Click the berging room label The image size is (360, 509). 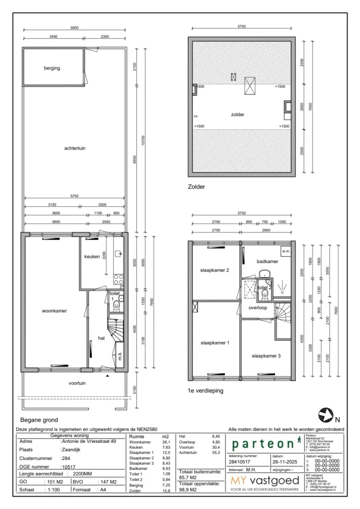pyautogui.click(x=52, y=68)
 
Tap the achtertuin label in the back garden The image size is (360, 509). pyautogui.click(x=74, y=148)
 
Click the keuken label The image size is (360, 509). pyautogui.click(x=92, y=256)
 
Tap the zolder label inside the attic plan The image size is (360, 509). pyautogui.click(x=237, y=115)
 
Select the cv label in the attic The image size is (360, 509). pyautogui.click(x=196, y=117)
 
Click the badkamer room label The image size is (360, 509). pyautogui.click(x=267, y=261)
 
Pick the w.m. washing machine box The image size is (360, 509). pyautogui.click(x=285, y=251)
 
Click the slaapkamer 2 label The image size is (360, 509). pyautogui.click(x=214, y=270)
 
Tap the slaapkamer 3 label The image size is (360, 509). pyautogui.click(x=266, y=355)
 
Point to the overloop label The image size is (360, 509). pyautogui.click(x=257, y=308)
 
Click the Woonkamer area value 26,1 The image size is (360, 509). pyautogui.click(x=166, y=442)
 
